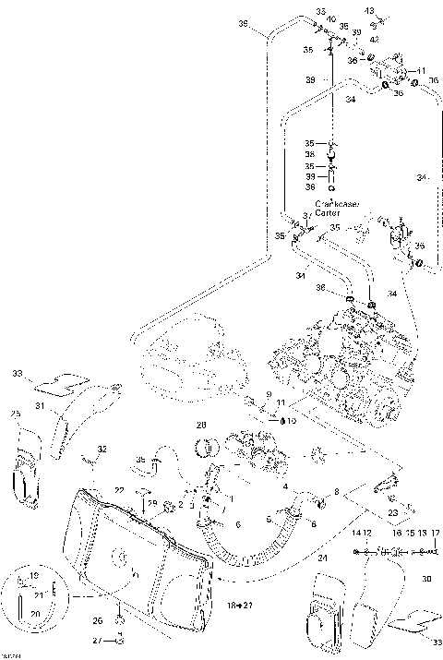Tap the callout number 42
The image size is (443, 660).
[375, 41]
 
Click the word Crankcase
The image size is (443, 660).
[334, 204]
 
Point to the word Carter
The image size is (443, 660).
[327, 212]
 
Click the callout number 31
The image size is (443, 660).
[40, 406]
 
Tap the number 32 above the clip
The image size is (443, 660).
[102, 450]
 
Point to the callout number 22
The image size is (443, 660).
[119, 489]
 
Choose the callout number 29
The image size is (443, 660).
[152, 502]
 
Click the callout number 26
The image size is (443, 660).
[98, 621]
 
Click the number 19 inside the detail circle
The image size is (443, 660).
[34, 576]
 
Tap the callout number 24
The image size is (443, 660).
[322, 558]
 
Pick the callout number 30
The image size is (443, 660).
[426, 579]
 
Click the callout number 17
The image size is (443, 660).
[435, 534]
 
